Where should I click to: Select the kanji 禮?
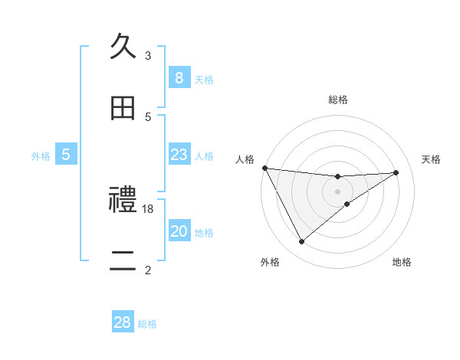click(x=123, y=200)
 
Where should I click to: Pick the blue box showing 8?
click(x=179, y=78)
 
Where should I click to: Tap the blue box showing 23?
click(x=179, y=155)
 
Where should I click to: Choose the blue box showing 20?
click(x=179, y=231)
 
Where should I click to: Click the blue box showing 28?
click(x=123, y=322)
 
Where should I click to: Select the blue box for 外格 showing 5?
click(x=66, y=155)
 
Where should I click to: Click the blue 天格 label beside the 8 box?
click(x=204, y=80)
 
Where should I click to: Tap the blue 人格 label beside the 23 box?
click(x=204, y=156)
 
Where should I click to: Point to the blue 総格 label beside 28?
click(x=148, y=324)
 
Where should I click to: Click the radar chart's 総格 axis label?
click(x=338, y=100)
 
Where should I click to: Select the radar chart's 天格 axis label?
click(x=432, y=159)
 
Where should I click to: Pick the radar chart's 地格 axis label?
click(x=402, y=262)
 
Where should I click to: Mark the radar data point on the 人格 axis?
click(x=264, y=168)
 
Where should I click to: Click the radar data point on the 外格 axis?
click(x=301, y=242)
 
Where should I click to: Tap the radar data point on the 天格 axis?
click(x=396, y=172)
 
